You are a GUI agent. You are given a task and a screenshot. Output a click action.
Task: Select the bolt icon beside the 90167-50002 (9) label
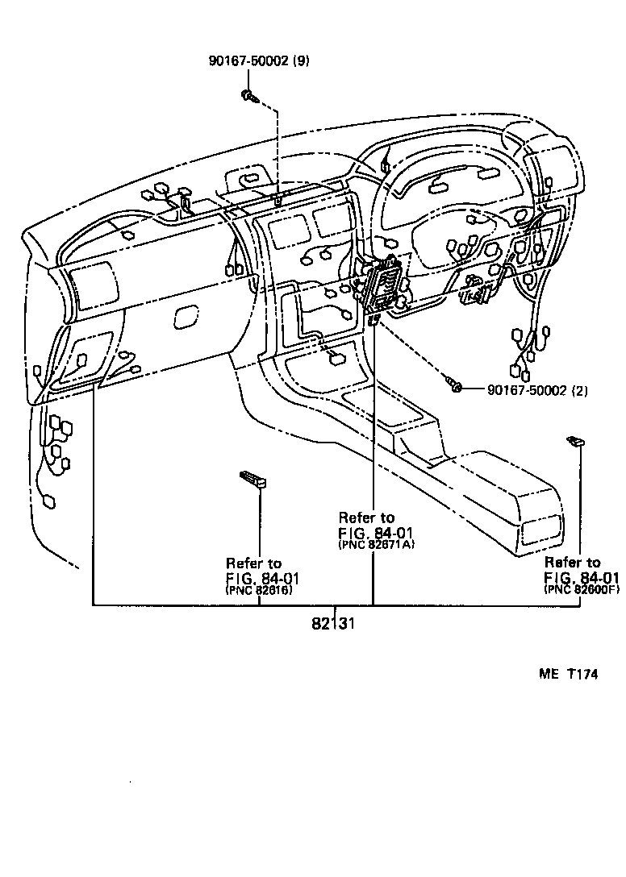[x=249, y=97]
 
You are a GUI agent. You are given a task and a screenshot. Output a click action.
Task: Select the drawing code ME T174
[x=568, y=675]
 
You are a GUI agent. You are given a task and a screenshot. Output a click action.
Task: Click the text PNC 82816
[x=259, y=591]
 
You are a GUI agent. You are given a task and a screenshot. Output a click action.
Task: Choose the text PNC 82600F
[x=582, y=590]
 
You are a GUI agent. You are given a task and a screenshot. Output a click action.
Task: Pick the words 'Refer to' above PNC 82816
[x=253, y=563]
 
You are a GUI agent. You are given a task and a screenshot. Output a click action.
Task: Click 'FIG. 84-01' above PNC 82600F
[x=582, y=577]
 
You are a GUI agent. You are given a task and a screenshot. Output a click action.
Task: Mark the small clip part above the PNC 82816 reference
[x=253, y=480]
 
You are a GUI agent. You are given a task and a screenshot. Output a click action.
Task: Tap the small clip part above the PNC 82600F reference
[x=576, y=441]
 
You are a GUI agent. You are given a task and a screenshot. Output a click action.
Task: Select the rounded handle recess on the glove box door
[x=186, y=317]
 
